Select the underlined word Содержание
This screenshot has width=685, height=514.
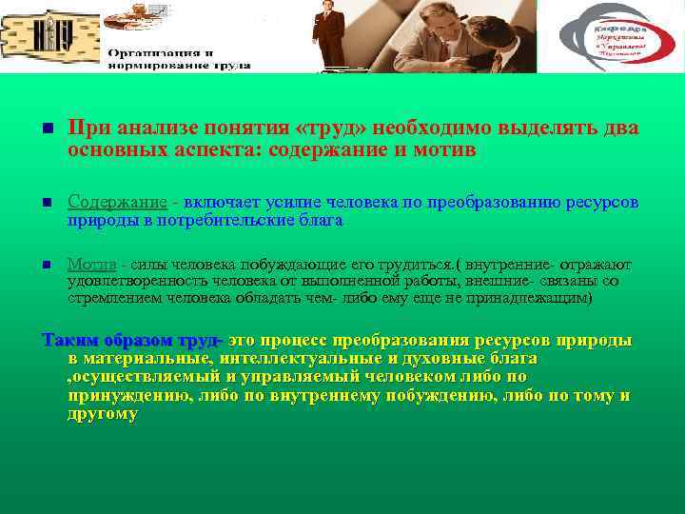(117, 202)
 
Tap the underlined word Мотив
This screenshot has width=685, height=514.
(91, 264)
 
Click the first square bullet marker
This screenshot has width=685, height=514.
(47, 129)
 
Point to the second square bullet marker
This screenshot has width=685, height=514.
(47, 203)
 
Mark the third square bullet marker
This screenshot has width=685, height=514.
(47, 265)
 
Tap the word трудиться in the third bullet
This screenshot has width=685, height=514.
(412, 264)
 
